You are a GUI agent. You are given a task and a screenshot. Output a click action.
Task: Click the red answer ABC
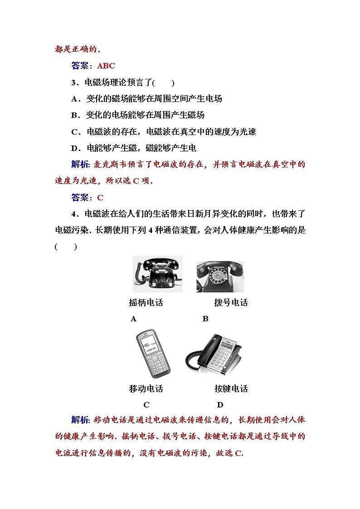(x=106, y=66)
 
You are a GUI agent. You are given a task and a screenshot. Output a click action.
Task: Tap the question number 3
(x=74, y=82)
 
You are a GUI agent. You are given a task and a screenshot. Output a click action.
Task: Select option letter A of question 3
(x=75, y=99)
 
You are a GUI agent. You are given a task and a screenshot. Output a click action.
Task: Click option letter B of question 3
(x=75, y=115)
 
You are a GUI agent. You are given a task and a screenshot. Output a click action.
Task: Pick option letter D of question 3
(x=75, y=148)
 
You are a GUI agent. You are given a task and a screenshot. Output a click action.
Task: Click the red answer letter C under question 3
(x=100, y=198)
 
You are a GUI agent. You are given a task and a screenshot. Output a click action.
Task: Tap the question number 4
(x=74, y=214)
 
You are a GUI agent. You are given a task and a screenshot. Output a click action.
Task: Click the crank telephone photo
(x=157, y=274)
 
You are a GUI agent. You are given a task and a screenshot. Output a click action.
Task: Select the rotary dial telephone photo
(x=220, y=276)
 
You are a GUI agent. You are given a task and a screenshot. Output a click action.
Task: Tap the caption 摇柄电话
(x=146, y=302)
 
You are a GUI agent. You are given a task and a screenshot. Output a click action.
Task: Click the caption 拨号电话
(x=231, y=302)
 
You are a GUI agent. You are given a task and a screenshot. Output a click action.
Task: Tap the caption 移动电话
(x=146, y=388)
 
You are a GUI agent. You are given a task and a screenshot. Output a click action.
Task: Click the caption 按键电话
(x=231, y=388)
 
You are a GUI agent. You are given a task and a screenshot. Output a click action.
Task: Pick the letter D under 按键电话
(x=220, y=405)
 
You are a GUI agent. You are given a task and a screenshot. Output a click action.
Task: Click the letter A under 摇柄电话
(x=133, y=319)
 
